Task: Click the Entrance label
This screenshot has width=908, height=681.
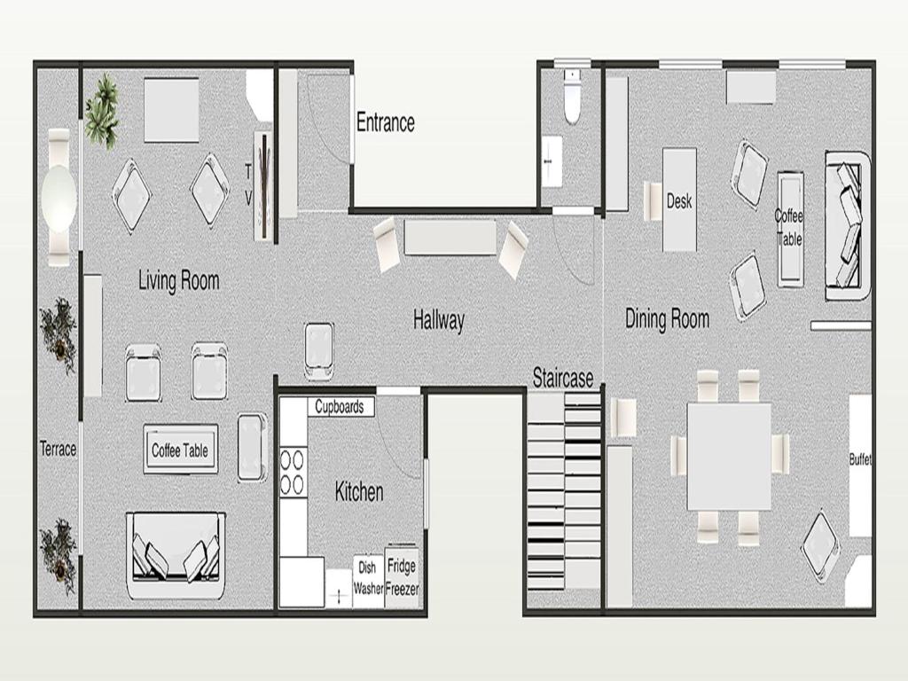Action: click(x=386, y=122)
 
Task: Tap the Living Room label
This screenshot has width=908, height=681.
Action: click(x=179, y=280)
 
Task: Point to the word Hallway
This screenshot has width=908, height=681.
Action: click(x=439, y=320)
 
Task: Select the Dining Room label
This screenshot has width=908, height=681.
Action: click(x=667, y=318)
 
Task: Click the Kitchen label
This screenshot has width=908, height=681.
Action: click(x=359, y=491)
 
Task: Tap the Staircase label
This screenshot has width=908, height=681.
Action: click(x=563, y=378)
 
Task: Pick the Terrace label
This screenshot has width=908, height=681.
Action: click(x=58, y=449)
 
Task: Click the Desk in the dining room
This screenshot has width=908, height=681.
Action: click(x=679, y=200)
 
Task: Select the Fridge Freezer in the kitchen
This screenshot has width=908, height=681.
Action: click(x=402, y=575)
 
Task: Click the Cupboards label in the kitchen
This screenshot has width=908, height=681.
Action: click(x=340, y=406)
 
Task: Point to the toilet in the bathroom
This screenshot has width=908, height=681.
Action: click(x=572, y=96)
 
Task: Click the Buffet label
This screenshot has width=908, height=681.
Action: click(x=860, y=459)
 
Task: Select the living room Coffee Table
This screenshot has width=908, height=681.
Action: click(x=181, y=450)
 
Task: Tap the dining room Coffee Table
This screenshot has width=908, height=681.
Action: click(x=790, y=230)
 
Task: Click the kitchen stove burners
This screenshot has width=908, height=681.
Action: click(x=293, y=472)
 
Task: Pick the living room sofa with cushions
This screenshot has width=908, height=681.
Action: click(x=176, y=555)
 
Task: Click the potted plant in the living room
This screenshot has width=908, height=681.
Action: click(x=103, y=110)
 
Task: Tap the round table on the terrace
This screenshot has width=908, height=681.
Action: click(x=59, y=198)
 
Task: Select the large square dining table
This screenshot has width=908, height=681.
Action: click(x=729, y=457)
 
